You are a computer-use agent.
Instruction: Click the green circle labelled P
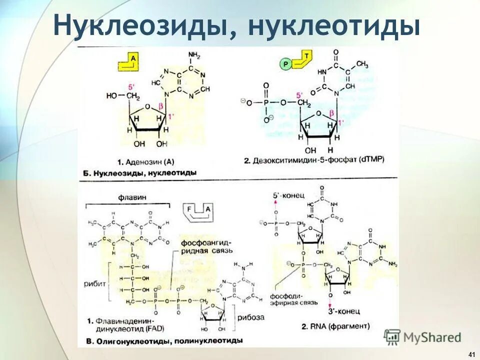285,64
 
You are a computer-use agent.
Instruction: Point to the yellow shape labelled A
128,63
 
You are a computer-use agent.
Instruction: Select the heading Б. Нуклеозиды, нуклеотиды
138,172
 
